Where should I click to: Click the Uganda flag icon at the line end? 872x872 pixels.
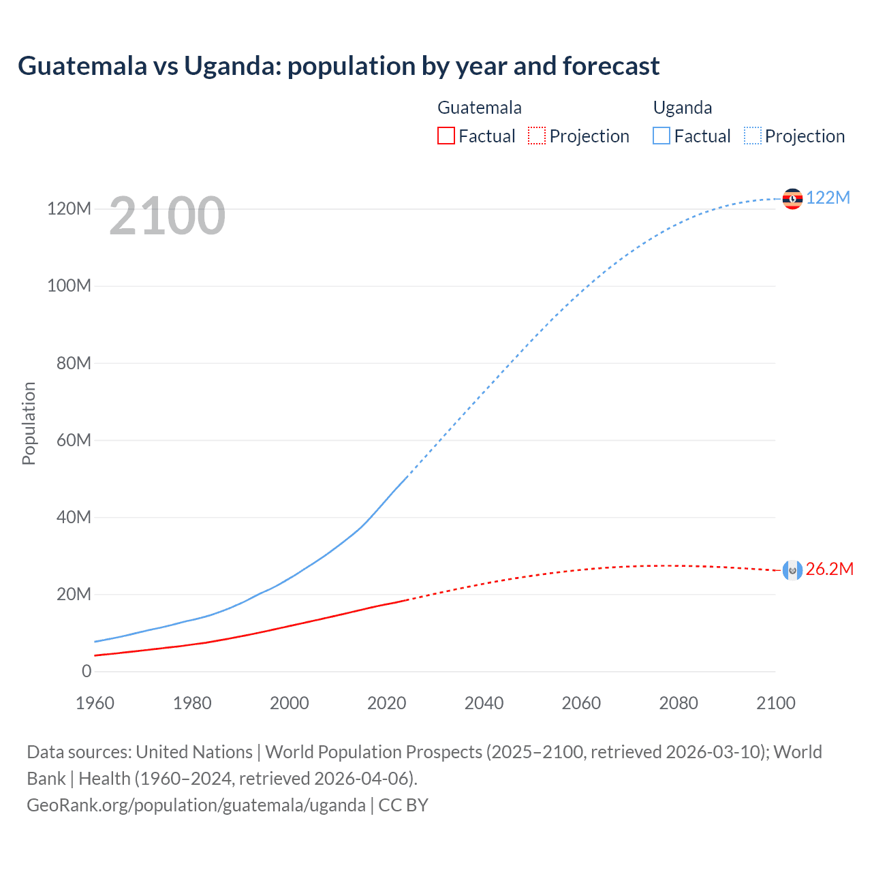click(x=792, y=198)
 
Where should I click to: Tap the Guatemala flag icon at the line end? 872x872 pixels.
click(x=792, y=570)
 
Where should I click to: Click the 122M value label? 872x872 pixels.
click(x=828, y=198)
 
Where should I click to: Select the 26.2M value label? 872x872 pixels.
click(x=829, y=570)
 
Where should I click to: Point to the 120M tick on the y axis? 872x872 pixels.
click(x=69, y=208)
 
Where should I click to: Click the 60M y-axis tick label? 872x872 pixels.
click(x=73, y=440)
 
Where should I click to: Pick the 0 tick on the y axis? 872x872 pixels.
click(x=87, y=671)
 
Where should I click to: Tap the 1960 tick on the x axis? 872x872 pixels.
click(x=95, y=703)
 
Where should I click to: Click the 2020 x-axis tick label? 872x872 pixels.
click(x=386, y=703)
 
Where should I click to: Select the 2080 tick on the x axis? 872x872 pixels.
click(x=678, y=703)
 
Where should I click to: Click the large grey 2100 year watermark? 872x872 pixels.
click(x=167, y=216)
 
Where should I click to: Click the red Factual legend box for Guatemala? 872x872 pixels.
click(x=446, y=136)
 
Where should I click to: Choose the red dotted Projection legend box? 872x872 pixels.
click(x=537, y=136)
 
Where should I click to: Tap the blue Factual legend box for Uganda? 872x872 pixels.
click(x=661, y=136)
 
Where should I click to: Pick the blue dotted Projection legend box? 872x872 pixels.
click(x=753, y=136)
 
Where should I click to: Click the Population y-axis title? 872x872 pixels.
click(x=29, y=423)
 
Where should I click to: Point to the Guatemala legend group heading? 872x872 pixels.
click(x=480, y=108)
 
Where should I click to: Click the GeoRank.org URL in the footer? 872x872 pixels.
click(x=196, y=805)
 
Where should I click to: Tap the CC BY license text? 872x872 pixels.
click(x=403, y=805)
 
